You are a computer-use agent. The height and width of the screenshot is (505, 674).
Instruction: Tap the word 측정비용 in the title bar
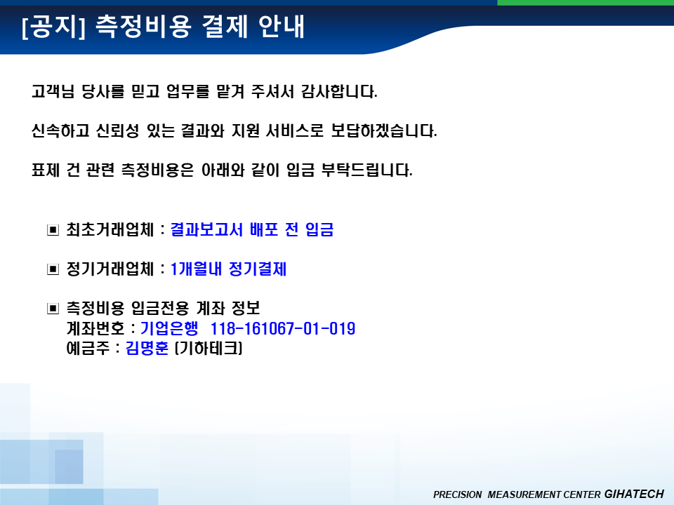(x=143, y=27)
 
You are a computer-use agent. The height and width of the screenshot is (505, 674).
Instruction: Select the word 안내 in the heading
(x=282, y=27)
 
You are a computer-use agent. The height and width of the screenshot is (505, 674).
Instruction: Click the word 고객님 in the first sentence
(x=53, y=91)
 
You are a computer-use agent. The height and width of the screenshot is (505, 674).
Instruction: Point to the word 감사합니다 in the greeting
(x=339, y=91)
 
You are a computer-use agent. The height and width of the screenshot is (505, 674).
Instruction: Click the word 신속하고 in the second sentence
(x=60, y=130)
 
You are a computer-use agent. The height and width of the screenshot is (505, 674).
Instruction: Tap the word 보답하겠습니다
(x=384, y=130)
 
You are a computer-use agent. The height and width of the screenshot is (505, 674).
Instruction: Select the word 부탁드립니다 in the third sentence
(x=367, y=170)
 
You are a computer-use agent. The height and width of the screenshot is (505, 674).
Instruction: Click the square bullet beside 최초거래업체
(x=53, y=230)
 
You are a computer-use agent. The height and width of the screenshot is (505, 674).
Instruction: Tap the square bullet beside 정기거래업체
(x=53, y=269)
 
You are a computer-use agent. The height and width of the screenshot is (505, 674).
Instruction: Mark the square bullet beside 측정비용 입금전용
(x=53, y=309)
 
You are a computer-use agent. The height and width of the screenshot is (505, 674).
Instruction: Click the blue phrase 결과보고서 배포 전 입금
(x=252, y=230)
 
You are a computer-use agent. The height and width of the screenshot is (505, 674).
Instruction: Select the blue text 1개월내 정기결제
(x=228, y=269)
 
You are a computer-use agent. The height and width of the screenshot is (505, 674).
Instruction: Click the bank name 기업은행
(x=169, y=328)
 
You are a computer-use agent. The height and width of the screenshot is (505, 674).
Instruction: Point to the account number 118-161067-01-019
(x=283, y=329)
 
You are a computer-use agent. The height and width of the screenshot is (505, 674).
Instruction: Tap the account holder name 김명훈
(x=147, y=348)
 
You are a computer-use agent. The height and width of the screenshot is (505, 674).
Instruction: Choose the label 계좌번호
(x=95, y=328)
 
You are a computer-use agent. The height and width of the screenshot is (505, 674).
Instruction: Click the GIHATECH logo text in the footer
(x=634, y=494)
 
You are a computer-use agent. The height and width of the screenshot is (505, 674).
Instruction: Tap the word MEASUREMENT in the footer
(x=524, y=494)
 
